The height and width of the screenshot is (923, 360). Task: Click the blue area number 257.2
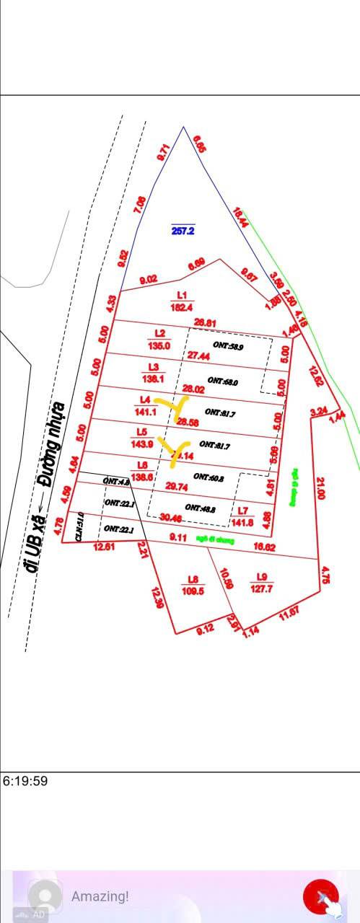click(x=183, y=231)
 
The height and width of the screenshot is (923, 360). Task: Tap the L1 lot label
click(x=182, y=295)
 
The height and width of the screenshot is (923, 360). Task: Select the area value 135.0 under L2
click(x=159, y=345)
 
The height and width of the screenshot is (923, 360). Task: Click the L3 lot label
click(x=153, y=367)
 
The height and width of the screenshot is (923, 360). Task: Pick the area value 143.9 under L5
click(x=146, y=443)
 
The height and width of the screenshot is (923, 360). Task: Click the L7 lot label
click(x=243, y=511)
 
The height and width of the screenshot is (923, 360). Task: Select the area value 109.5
click(x=194, y=591)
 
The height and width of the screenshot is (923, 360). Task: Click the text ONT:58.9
click(x=228, y=346)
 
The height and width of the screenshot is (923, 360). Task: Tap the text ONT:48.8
click(x=200, y=508)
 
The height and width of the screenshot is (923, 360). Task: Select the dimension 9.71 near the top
click(x=163, y=152)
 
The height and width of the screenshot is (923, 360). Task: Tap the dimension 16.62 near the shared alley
click(x=265, y=548)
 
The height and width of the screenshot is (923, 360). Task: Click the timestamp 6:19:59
click(x=25, y=781)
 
